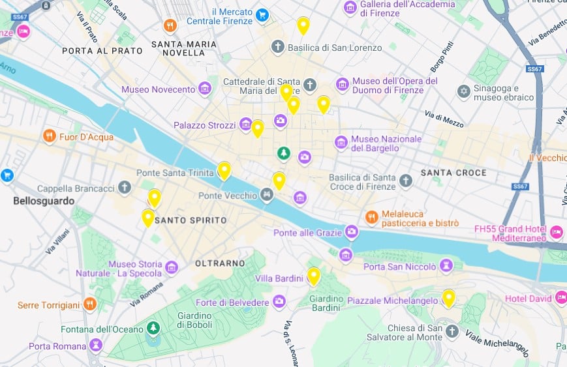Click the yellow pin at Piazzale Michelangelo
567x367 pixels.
(x=448, y=297)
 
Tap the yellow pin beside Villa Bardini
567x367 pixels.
(x=314, y=275)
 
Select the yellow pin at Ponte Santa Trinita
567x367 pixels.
(x=224, y=169)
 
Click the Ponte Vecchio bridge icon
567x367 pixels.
(x=266, y=194)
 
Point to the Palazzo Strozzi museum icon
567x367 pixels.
(x=245, y=124)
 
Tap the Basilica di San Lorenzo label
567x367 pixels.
(x=335, y=48)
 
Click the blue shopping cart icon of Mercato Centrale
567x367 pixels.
(x=262, y=14)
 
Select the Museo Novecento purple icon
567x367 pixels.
(x=205, y=88)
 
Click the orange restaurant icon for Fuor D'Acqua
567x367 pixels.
(x=50, y=136)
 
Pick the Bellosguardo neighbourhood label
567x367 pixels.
(x=44, y=201)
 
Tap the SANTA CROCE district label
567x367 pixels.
(x=453, y=173)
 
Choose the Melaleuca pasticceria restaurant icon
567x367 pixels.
(x=371, y=217)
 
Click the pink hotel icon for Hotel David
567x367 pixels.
(x=560, y=298)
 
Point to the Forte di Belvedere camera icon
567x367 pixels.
(x=279, y=302)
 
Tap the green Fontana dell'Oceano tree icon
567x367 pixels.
(x=153, y=329)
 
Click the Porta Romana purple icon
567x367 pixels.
(x=96, y=345)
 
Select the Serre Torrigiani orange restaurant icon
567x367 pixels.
(x=90, y=304)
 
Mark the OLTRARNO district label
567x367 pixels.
(x=220, y=263)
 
